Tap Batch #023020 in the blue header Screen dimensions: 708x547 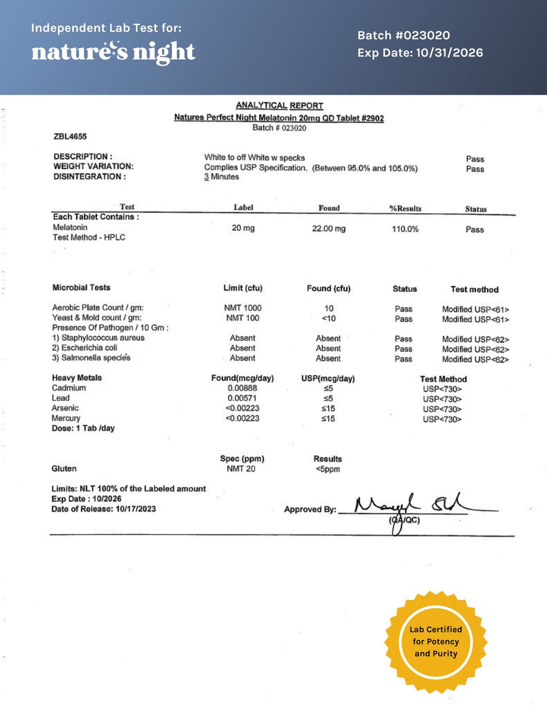[x=404, y=36]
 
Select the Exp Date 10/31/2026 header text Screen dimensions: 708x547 [x=420, y=53]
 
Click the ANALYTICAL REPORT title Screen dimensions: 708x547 [x=280, y=106]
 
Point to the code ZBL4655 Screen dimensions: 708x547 [x=70, y=137]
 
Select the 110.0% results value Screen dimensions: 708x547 [x=405, y=229]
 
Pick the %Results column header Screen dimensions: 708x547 [x=405, y=208]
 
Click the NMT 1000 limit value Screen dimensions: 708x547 [x=243, y=308]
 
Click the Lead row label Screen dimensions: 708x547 [x=61, y=398]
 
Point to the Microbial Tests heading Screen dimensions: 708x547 [x=81, y=287]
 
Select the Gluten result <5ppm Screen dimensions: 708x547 [x=328, y=469]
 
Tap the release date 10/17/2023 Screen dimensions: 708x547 [x=134, y=509]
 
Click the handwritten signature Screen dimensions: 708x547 [x=413, y=506]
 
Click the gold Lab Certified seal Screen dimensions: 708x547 [x=436, y=642]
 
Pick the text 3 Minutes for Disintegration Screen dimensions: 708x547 [x=221, y=177]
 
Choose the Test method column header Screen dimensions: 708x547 [x=474, y=290]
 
